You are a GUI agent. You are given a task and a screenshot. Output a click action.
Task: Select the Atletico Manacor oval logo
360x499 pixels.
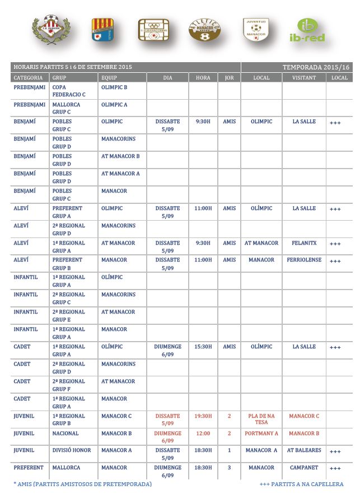coord(204,30)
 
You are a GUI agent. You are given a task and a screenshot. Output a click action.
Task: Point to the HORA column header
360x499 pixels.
coord(203,78)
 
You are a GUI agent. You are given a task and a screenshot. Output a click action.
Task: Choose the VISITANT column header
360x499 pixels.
coord(304,78)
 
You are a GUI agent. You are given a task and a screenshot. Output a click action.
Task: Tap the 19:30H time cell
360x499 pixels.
coord(203,416)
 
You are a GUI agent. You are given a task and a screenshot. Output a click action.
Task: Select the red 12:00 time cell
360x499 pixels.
coord(203,433)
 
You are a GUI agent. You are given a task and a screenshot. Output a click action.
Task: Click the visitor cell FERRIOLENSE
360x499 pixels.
coord(304,260)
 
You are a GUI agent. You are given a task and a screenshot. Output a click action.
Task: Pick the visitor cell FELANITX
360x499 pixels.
coord(304,243)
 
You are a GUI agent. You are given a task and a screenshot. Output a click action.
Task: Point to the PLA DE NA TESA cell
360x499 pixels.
coord(261,419)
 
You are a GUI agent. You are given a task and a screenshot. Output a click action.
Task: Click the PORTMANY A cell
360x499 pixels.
coord(261,433)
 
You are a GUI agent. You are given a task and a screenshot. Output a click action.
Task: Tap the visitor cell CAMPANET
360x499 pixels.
coord(304,468)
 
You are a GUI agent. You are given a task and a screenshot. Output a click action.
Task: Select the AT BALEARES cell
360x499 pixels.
coord(304,450)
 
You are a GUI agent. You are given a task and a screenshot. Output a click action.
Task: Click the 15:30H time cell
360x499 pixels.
coord(203,347)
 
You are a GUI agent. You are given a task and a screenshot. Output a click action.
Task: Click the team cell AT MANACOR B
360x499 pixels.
coord(120,156)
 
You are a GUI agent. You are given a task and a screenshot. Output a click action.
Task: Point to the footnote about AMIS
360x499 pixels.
coord(82,484)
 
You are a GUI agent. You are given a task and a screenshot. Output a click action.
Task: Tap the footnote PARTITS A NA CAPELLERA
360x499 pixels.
coord(302,484)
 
